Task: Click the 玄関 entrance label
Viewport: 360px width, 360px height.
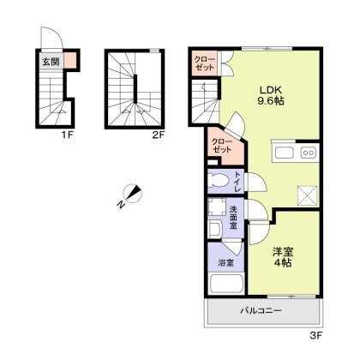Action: click(51, 62)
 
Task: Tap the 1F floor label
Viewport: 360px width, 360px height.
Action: click(67, 135)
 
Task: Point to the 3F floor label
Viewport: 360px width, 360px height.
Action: click(316, 335)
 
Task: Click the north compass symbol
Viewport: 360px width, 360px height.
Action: click(131, 194)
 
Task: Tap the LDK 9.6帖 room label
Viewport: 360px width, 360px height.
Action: click(271, 95)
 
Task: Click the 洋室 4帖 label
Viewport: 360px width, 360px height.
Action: click(283, 257)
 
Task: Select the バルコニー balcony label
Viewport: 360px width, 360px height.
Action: click(261, 310)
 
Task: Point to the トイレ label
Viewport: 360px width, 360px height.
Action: click(237, 182)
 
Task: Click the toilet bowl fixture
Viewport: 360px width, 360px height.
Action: click(219, 181)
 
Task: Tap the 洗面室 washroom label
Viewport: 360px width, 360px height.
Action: click(233, 217)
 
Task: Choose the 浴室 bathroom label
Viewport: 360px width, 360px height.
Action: click(226, 262)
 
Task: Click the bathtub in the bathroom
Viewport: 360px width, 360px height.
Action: click(226, 284)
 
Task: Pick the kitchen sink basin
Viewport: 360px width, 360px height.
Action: click(285, 153)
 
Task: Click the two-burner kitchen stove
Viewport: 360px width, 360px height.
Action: click(309, 153)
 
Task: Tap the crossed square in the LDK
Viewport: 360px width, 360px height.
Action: click(308, 195)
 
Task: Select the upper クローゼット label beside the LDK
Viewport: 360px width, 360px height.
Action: click(204, 63)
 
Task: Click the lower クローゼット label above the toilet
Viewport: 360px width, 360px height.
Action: click(221, 146)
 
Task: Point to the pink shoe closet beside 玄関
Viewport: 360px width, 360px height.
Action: click(70, 60)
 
